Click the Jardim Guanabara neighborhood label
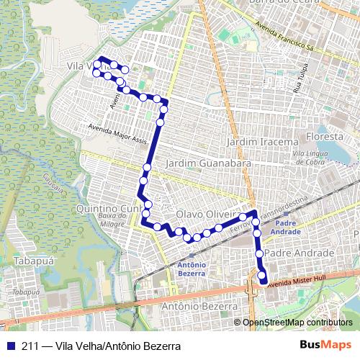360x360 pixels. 208,164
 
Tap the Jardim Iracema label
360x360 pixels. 262,142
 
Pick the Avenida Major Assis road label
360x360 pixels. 118,131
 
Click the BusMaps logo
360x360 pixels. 329,346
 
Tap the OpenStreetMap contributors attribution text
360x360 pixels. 297,322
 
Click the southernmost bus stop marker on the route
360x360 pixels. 263,280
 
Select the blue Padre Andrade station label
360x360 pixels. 286,227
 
